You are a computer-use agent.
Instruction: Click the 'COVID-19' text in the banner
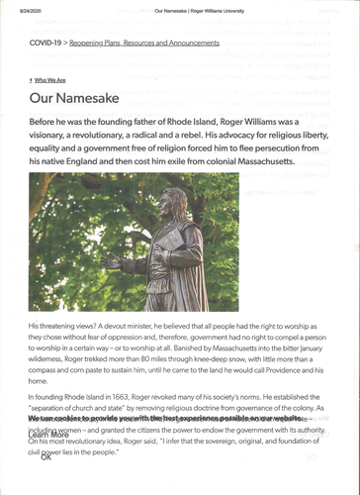pos(46,45)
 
